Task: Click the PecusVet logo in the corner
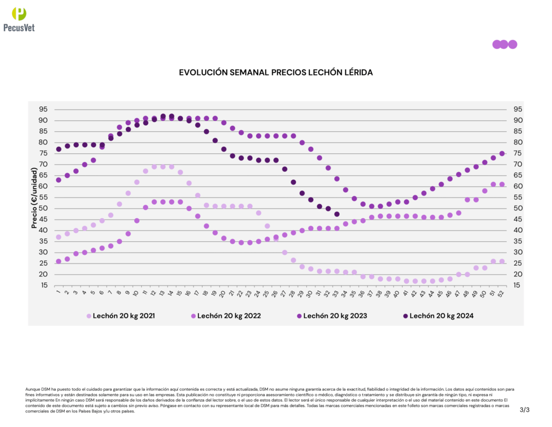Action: (19, 19)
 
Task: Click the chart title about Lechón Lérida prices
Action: (275, 72)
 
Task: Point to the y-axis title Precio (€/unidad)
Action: (34, 198)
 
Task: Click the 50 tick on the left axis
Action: (42, 208)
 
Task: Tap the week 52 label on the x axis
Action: (502, 293)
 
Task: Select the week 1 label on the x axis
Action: (58, 293)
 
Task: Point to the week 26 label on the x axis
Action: (275, 293)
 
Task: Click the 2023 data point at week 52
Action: (502, 153)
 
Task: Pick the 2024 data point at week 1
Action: (59, 149)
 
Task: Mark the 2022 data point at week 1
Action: (59, 261)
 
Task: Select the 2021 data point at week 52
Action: (502, 261)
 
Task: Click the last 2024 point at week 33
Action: (337, 214)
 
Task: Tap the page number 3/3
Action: (525, 410)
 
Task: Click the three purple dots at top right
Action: (505, 44)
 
